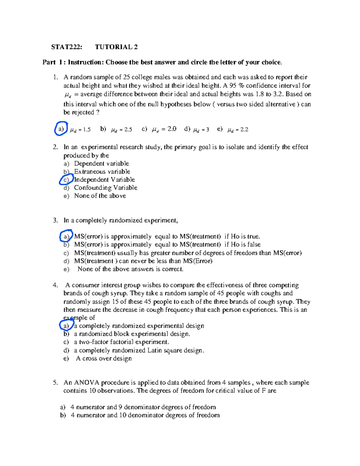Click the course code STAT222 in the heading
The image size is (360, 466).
click(66, 47)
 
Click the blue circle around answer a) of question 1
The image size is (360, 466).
click(61, 129)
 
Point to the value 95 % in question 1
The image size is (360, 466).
click(237, 86)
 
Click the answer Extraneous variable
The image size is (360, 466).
click(102, 172)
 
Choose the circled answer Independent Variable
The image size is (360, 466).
click(104, 180)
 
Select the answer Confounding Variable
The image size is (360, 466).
click(106, 188)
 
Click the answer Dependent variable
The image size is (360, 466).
click(101, 164)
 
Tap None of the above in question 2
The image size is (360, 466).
click(100, 196)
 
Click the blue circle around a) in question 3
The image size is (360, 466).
click(66, 236)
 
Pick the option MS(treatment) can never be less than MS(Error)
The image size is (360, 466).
click(143, 261)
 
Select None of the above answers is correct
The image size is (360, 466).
click(130, 269)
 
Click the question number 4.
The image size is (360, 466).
click(55, 285)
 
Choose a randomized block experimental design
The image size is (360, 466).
click(132, 334)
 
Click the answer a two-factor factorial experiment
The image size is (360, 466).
click(121, 342)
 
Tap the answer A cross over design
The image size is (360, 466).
click(104, 359)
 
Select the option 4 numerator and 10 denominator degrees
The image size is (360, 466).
click(145, 415)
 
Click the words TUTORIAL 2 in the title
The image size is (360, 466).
click(116, 47)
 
